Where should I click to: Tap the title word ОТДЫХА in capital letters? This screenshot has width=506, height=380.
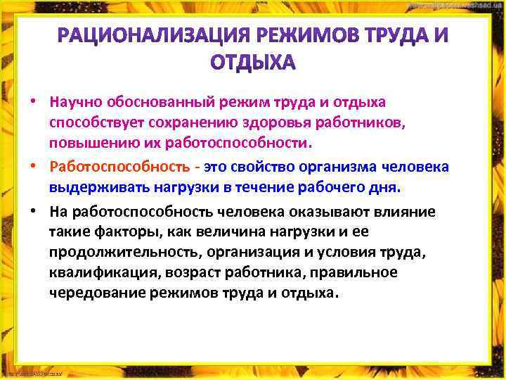254,63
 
